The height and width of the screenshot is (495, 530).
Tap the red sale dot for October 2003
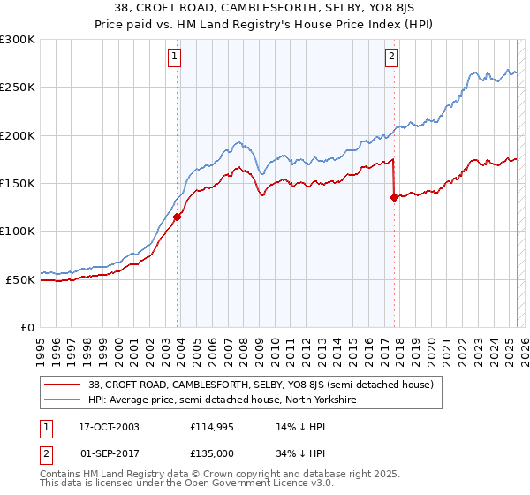(178, 217)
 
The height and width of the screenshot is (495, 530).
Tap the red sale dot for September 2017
(394, 197)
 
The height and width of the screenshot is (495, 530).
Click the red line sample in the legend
(63, 385)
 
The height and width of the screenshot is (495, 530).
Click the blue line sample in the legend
(63, 400)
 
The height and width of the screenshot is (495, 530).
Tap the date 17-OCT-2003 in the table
(109, 426)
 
